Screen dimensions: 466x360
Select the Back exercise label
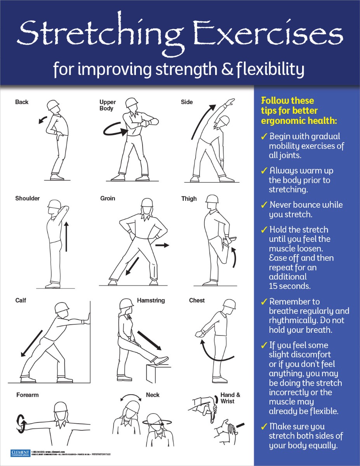[x=22, y=102]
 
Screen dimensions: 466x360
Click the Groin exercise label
[x=108, y=198]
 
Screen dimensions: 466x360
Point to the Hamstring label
[x=151, y=301]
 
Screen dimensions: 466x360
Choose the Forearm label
[x=28, y=395]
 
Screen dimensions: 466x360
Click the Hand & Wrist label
[x=230, y=398]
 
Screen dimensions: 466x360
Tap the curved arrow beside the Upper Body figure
[x=115, y=130]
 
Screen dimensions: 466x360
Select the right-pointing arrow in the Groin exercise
[x=162, y=245]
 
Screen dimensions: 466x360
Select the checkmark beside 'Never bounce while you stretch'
[x=264, y=205]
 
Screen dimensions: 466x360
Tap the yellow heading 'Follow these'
[x=287, y=101]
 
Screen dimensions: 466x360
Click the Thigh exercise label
[x=189, y=198]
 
